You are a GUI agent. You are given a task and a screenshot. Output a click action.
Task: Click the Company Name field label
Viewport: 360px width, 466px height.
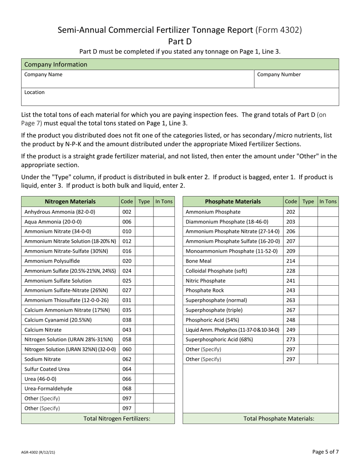coord(43,75)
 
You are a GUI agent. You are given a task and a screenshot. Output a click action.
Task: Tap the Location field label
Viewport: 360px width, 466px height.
coord(34,92)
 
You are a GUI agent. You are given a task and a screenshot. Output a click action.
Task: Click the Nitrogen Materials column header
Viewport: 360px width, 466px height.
coord(70,202)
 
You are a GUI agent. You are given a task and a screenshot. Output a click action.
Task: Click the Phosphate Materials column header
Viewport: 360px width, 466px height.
coord(233,202)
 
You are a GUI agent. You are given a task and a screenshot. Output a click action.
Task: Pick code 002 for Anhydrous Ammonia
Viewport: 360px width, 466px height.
coord(127,212)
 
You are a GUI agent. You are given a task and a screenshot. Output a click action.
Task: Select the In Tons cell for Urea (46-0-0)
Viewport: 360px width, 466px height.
coord(164,379)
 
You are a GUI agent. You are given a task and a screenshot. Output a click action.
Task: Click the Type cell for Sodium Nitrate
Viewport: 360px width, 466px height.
coord(144,359)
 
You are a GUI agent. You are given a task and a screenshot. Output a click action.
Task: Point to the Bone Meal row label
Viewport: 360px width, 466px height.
coord(199,261)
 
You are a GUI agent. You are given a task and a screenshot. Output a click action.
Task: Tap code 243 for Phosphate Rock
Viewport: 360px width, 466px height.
coord(291,290)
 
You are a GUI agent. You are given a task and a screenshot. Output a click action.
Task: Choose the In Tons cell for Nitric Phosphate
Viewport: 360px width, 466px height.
coord(328,281)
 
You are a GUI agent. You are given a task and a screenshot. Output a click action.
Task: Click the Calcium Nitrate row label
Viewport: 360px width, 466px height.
coord(43,330)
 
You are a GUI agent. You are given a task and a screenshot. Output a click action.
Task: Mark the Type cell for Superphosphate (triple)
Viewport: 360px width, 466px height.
coord(308,310)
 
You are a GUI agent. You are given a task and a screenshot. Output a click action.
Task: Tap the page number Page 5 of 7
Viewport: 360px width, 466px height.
coord(326,451)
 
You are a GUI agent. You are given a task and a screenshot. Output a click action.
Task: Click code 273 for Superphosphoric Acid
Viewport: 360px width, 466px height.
coord(291,339)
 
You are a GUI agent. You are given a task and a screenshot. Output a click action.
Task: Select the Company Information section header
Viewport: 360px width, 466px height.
coord(56,64)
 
